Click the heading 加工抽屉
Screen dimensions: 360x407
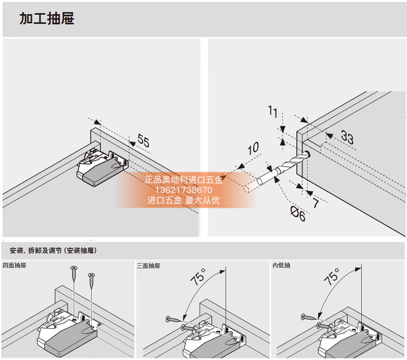point(47,19)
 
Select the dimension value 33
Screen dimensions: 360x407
point(347,138)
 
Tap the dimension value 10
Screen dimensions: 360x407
point(252,149)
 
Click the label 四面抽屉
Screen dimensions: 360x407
point(14,266)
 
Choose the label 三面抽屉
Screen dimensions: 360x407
point(148,266)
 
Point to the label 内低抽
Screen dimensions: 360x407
point(281,266)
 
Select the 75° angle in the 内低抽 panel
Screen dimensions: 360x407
point(331,278)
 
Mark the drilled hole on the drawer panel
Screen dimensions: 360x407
point(307,154)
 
